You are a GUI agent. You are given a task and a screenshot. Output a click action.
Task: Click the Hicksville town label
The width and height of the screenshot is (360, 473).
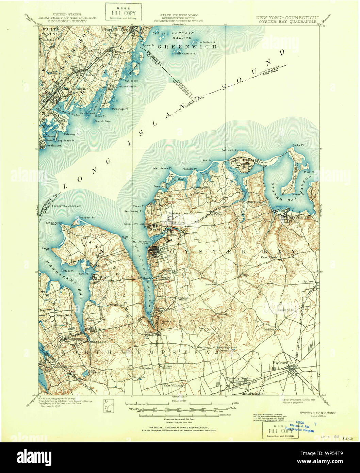[282, 363]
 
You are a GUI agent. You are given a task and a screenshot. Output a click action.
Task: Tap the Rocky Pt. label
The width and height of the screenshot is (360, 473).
[298, 145]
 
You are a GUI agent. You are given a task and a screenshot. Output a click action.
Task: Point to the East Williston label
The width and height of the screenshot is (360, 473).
[174, 386]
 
